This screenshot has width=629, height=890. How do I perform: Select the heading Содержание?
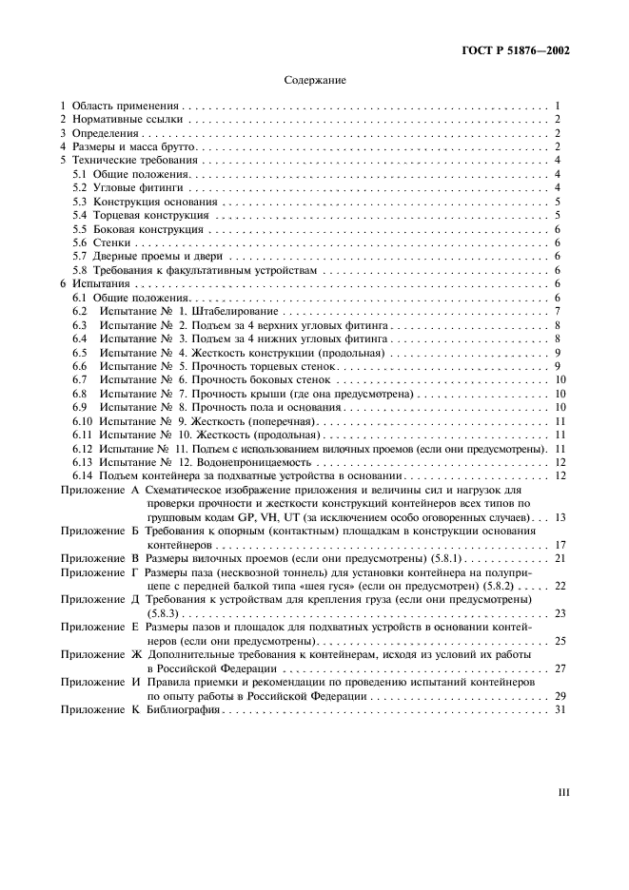pos(315,81)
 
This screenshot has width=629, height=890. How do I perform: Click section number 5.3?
pos(81,203)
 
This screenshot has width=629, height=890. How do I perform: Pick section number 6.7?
pos(81,379)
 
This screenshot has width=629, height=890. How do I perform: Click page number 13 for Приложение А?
pos(560,516)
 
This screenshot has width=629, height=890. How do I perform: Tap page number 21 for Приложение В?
pos(560,558)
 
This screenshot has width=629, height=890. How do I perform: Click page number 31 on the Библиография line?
pos(560,709)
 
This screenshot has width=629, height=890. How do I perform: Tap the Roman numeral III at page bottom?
pos(562,789)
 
